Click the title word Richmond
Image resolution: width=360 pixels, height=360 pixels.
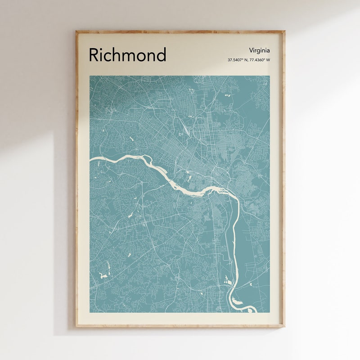pyautogui.click(x=127, y=55)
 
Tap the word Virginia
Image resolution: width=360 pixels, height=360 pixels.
pyautogui.click(x=259, y=50)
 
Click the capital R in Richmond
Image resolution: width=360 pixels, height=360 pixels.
pyautogui.click(x=94, y=55)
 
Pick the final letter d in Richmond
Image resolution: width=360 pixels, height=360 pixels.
pyautogui.click(x=161, y=55)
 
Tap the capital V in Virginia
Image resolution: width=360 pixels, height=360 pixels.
pyautogui.click(x=250, y=50)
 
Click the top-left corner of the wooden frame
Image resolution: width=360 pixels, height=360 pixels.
pyautogui.click(x=76, y=31)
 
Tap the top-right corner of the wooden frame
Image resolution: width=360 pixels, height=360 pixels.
pyautogui.click(x=284, y=31)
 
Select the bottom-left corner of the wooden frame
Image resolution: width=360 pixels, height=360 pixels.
pyautogui.click(x=76, y=326)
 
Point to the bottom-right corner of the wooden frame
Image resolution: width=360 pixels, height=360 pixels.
pyautogui.click(x=284, y=326)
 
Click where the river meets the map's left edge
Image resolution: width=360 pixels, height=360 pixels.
pyautogui.click(x=90, y=159)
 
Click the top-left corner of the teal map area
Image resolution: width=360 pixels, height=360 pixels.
pyautogui.click(x=90, y=76)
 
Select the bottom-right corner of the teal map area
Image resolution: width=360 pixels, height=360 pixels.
pyautogui.click(x=270, y=312)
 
